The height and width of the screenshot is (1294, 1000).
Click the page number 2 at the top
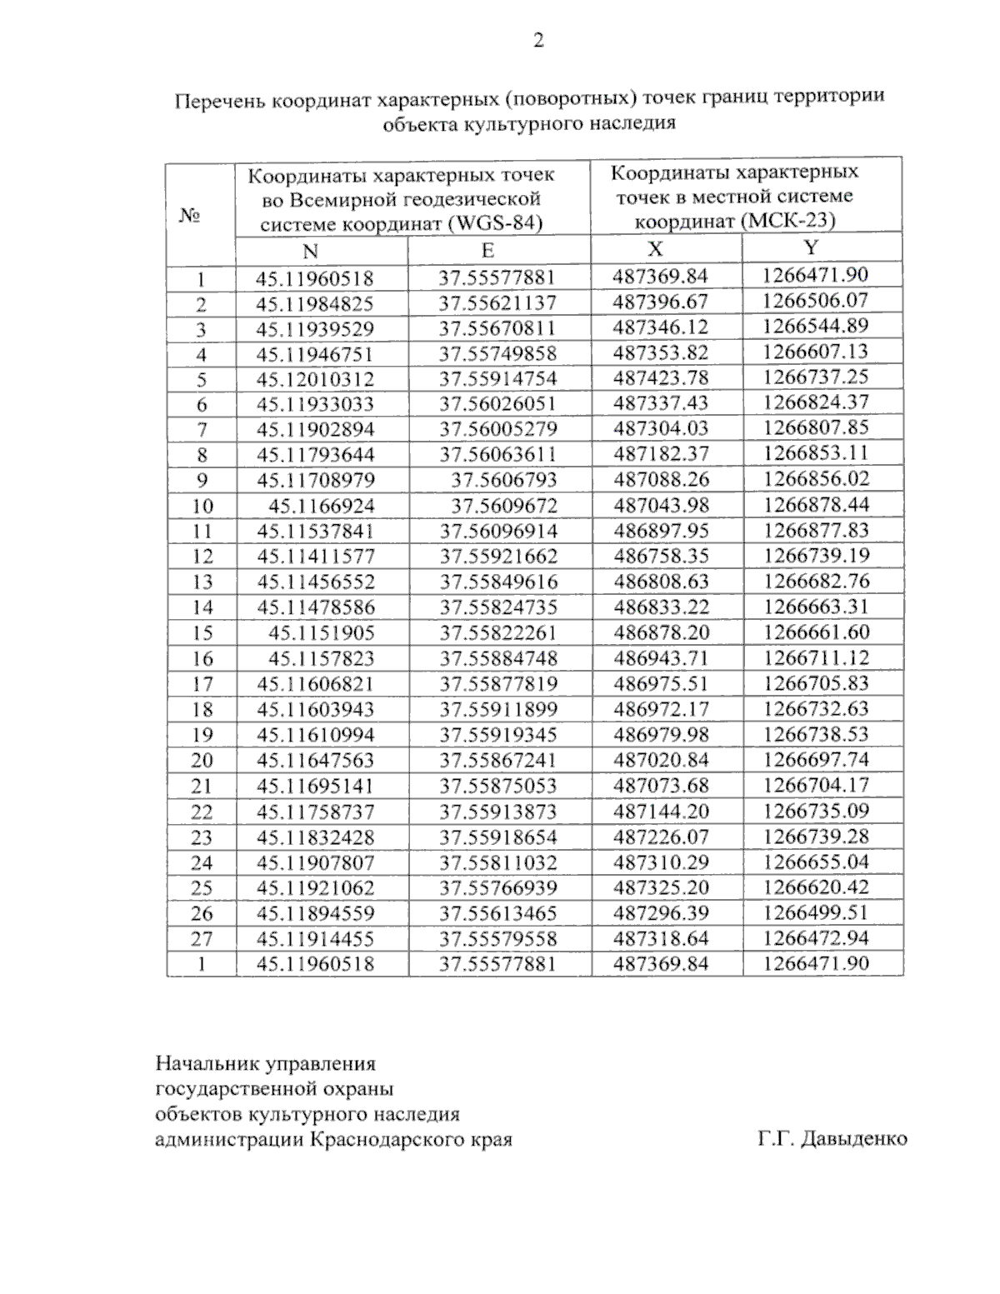coord(537,41)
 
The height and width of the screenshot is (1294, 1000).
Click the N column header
coord(310,252)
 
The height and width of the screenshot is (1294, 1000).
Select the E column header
coord(487,251)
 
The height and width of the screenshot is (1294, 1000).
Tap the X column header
coord(656,248)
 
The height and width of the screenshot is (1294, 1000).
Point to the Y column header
coord(811,247)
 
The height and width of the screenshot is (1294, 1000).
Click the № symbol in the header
coord(190,216)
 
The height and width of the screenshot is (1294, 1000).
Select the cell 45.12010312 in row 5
coord(315,380)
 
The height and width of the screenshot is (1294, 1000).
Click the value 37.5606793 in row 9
coord(504,480)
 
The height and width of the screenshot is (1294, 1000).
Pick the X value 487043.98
coord(661,505)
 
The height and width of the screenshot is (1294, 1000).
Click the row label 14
coord(202,607)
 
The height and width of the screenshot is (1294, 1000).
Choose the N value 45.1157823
coord(321,658)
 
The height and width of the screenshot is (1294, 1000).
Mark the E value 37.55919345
coord(498,735)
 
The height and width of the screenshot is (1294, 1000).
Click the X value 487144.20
coord(661,811)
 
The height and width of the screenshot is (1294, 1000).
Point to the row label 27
coord(202,939)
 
